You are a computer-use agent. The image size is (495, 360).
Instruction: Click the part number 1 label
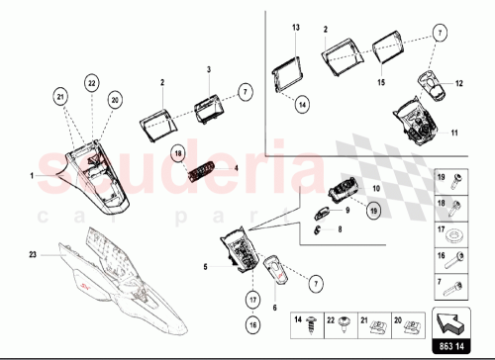pyautogui.click(x=32, y=175)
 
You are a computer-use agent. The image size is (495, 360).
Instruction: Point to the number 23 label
pyautogui.click(x=32, y=255)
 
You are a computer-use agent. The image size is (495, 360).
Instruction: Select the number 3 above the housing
pyautogui.click(x=209, y=70)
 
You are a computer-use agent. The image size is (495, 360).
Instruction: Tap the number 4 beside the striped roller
pyautogui.click(x=237, y=168)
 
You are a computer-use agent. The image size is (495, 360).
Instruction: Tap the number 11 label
pyautogui.click(x=454, y=133)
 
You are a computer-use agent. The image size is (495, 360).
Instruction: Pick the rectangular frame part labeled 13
pyautogui.click(x=291, y=75)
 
